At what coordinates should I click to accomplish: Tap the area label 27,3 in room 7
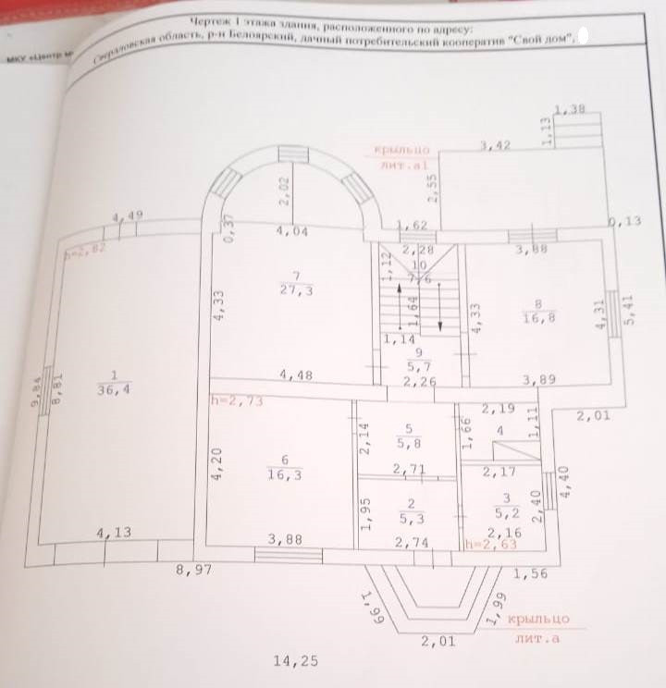click(294, 291)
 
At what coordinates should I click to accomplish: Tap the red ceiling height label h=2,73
click(232, 400)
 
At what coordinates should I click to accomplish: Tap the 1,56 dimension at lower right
click(529, 574)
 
